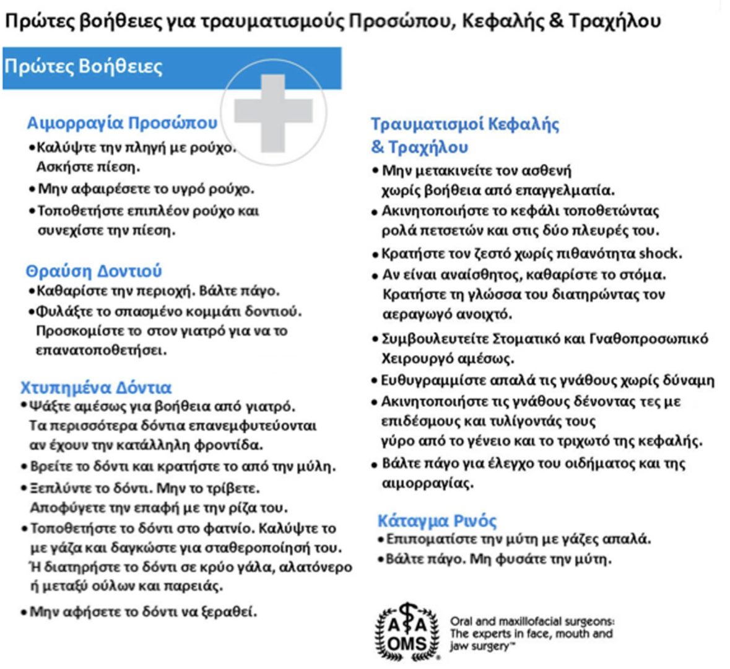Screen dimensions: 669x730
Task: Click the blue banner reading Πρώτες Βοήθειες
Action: click(x=124, y=67)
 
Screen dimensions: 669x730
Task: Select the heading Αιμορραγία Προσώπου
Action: click(x=122, y=123)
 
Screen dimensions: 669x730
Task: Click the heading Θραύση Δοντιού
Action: click(x=93, y=271)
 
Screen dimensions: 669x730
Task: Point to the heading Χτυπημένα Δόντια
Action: click(x=96, y=388)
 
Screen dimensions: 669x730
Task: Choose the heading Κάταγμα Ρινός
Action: click(x=437, y=520)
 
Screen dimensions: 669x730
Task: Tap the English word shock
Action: click(x=660, y=253)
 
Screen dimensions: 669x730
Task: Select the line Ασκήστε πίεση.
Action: click(x=89, y=167)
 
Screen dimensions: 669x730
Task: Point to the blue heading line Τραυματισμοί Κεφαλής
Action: click(x=465, y=124)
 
